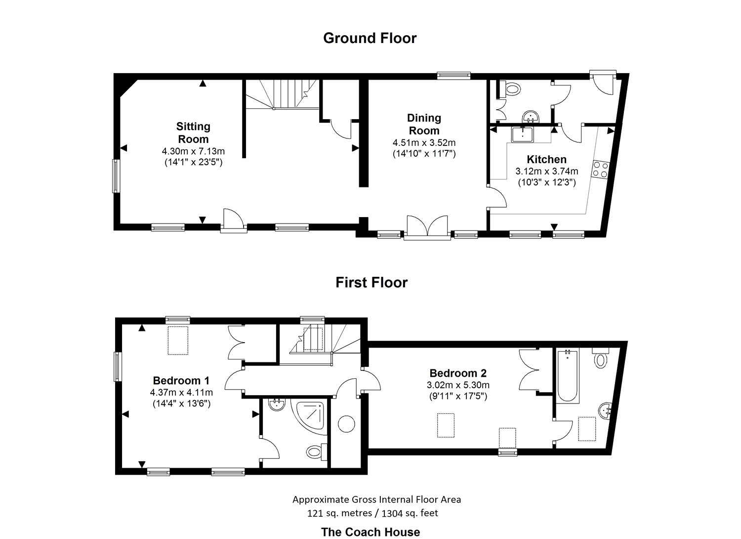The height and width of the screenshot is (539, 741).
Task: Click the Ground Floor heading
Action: (370, 38)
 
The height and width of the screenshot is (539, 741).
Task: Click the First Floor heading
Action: (371, 282)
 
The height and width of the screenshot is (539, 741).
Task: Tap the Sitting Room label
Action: (193, 133)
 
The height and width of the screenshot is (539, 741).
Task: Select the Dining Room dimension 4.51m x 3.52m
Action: (424, 142)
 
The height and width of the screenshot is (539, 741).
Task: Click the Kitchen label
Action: (546, 159)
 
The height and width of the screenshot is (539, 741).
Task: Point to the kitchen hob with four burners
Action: (601, 170)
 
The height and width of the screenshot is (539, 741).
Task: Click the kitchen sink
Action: (522, 134)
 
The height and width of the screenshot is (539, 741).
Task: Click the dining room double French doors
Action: (427, 228)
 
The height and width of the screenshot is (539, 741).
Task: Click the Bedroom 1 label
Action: (181, 380)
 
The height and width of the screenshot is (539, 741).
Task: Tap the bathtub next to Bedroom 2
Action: (566, 376)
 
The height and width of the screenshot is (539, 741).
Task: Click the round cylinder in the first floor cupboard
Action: (346, 424)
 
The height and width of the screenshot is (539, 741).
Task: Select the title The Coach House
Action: (370, 532)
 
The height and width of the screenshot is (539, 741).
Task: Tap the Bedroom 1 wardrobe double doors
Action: (236, 343)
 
